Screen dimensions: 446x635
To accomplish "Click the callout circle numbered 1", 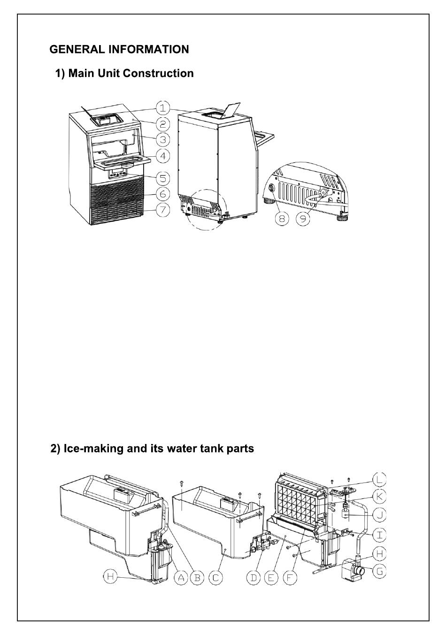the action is [162, 108].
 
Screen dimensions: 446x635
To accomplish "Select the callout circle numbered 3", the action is [162, 139].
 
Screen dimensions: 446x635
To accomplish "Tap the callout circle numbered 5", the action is [162, 178].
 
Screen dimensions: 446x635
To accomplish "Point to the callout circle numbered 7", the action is [162, 209].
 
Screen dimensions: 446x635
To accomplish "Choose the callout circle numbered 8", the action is [282, 219].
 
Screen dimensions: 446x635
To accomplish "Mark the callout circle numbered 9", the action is [303, 219].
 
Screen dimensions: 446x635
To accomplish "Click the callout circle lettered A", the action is [182, 578].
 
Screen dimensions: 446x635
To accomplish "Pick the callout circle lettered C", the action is [215, 578].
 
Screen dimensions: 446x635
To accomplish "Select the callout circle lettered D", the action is [254, 578].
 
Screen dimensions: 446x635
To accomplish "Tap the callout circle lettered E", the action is [271, 578].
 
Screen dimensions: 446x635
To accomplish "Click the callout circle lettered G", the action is [378, 571].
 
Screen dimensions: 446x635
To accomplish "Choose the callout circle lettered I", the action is [378, 534].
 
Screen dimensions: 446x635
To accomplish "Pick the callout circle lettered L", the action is [378, 479].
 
